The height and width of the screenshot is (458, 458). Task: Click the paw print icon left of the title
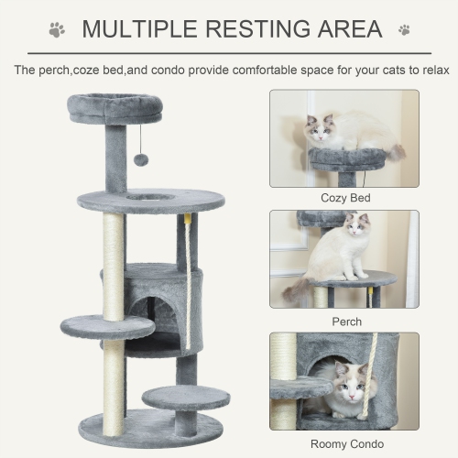point(57,30)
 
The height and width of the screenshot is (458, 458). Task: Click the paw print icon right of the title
point(404,30)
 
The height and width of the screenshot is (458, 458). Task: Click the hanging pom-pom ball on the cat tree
point(141,159)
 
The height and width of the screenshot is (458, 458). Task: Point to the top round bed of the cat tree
point(114,108)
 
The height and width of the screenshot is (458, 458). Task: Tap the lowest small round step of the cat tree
point(187,397)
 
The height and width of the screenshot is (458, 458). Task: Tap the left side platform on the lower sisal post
point(107,325)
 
